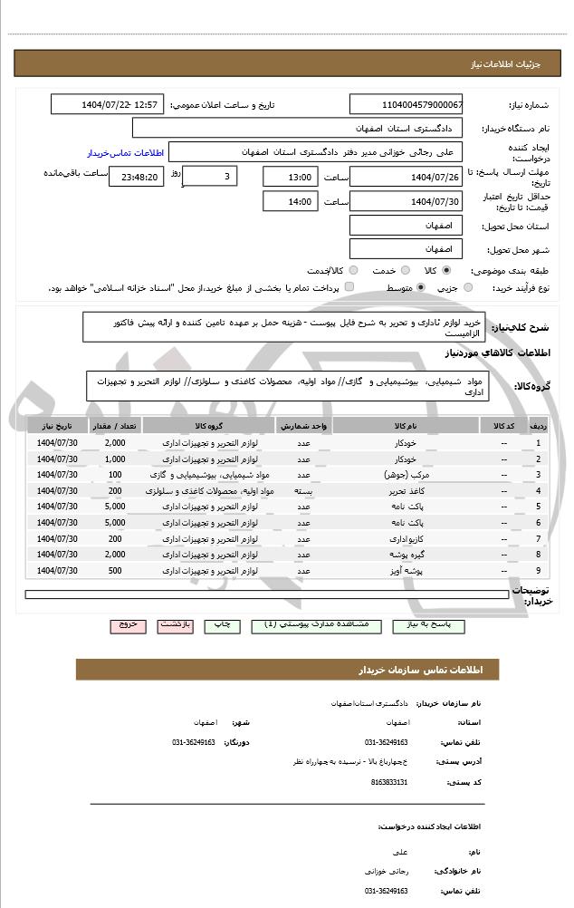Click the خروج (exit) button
[x=128, y=625]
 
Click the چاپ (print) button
[x=220, y=625]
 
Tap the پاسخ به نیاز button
[x=422, y=625]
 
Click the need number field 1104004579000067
[x=406, y=105]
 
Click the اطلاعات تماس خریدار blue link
[x=123, y=153]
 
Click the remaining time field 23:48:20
[x=136, y=177]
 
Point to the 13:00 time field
[x=290, y=177]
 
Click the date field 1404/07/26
[x=406, y=177]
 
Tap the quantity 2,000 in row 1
[x=115, y=442]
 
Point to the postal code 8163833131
[x=389, y=781]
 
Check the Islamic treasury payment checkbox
[x=349, y=287]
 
